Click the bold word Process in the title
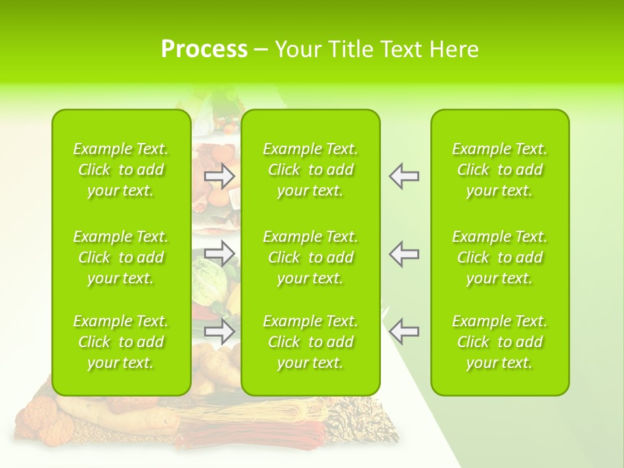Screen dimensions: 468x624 point(204,49)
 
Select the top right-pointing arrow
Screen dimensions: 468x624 point(220,175)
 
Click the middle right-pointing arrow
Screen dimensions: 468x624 point(220,253)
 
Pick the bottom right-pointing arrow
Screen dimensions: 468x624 point(220,331)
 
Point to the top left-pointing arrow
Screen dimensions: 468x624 point(404,175)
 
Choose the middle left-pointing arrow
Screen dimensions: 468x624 point(404,253)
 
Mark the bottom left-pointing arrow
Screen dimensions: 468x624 point(404,331)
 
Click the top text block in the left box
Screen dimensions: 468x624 point(121,170)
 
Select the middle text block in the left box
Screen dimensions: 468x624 point(121,257)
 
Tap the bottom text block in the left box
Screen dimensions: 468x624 point(121,342)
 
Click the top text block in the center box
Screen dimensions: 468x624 point(311,170)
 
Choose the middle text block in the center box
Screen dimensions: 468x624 point(311,257)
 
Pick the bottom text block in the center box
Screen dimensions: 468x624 point(311,342)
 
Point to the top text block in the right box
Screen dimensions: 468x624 point(500,170)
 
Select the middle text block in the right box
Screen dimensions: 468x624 point(500,257)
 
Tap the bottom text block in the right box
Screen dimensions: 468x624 point(500,342)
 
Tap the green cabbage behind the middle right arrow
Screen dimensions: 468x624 point(209,276)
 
